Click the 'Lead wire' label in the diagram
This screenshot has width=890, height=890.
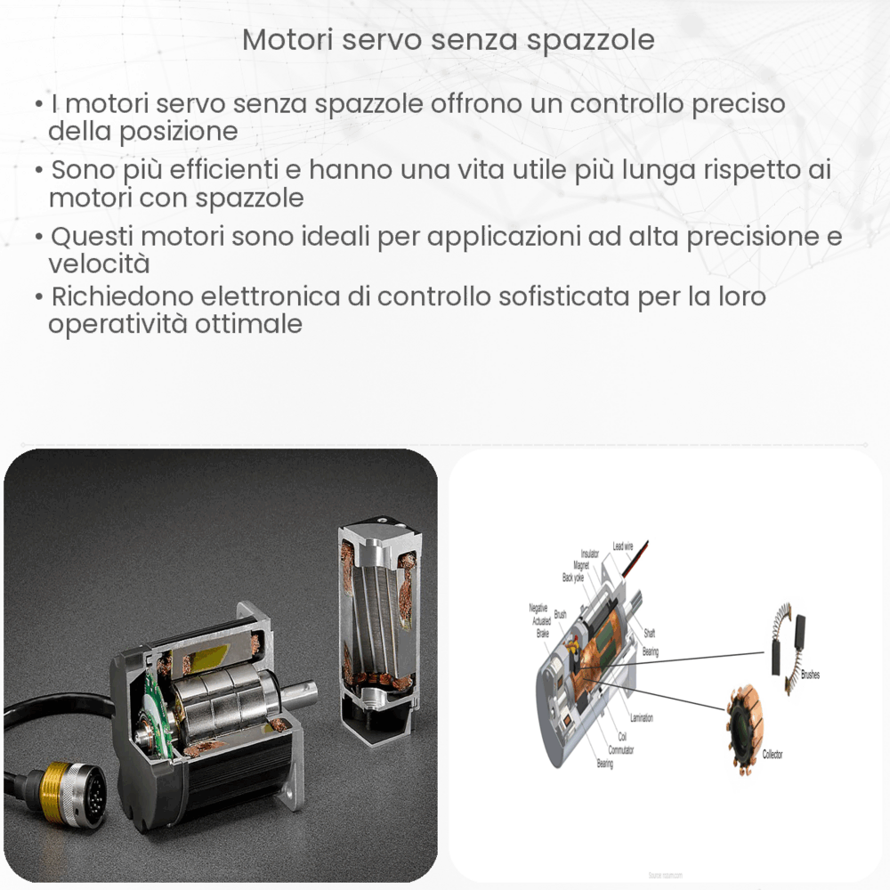624,546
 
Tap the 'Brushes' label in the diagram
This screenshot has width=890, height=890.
809,675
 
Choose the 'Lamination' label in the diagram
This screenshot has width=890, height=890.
641,717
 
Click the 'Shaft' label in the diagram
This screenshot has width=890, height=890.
649,634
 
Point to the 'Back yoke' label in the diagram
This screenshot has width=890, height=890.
572,578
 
